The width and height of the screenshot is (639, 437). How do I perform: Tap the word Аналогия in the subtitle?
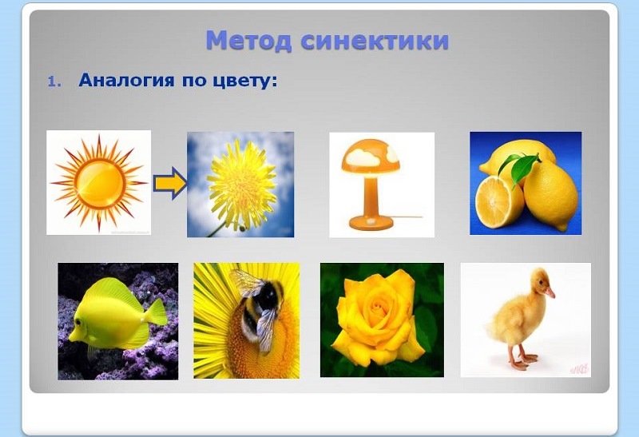coord(124,81)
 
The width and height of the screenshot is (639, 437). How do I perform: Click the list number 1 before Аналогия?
coord(54,82)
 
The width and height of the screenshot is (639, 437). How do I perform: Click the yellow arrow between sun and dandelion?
coord(169,185)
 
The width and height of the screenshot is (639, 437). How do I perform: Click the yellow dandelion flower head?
coord(241,178)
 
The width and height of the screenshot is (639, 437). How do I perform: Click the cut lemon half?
coord(498,201)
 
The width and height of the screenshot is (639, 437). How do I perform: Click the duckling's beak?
coord(550,292)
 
